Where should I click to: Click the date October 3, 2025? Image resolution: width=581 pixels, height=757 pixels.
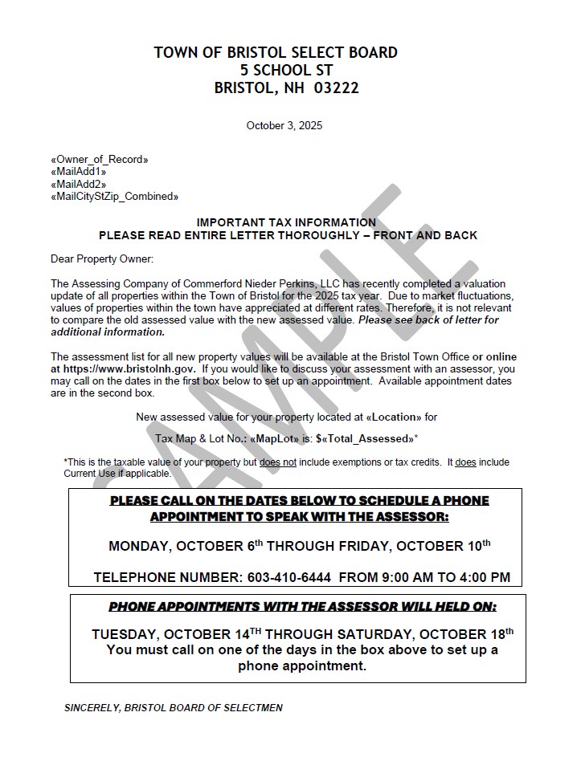284,125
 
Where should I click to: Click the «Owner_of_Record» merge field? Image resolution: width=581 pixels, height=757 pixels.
100,160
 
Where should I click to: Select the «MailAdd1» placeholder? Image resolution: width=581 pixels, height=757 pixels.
79,172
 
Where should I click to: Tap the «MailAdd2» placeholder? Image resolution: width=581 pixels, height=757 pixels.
79,184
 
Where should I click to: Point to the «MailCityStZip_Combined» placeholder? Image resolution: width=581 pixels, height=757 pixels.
114,196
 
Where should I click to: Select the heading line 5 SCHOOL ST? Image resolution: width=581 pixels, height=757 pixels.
276,71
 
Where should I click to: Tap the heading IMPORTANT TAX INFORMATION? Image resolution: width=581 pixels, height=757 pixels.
286,222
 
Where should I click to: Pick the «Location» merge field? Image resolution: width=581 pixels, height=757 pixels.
394,417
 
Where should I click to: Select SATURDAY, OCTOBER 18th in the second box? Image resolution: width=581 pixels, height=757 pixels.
434,633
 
